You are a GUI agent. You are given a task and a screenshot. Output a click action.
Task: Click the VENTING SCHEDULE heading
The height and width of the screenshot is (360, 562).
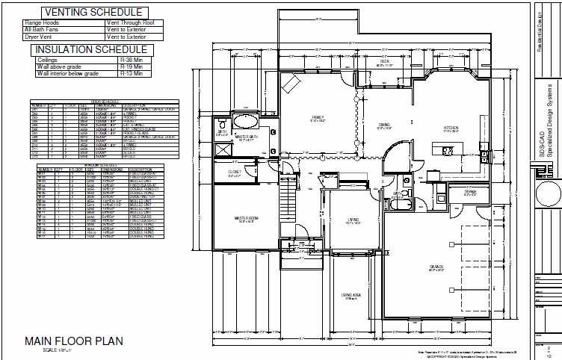93,13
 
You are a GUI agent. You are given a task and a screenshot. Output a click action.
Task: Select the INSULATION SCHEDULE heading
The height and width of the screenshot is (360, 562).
93,50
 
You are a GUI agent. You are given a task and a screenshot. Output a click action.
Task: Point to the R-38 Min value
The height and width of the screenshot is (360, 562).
132,60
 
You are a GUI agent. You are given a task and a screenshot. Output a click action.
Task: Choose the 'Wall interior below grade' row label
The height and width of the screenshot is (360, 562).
68,73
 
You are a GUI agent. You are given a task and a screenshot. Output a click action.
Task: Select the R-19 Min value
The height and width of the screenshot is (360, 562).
132,67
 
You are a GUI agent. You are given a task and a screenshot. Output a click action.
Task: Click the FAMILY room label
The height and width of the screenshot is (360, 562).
318,117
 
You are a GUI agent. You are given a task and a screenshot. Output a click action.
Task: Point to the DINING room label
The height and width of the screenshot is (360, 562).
384,125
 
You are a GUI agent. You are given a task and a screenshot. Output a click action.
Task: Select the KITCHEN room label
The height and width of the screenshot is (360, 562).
451,128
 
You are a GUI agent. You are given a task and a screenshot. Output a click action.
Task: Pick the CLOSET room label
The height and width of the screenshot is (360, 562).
235,173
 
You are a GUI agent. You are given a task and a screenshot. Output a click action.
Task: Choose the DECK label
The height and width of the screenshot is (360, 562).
385,62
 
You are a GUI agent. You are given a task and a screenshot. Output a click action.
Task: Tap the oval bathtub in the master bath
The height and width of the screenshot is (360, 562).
246,121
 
